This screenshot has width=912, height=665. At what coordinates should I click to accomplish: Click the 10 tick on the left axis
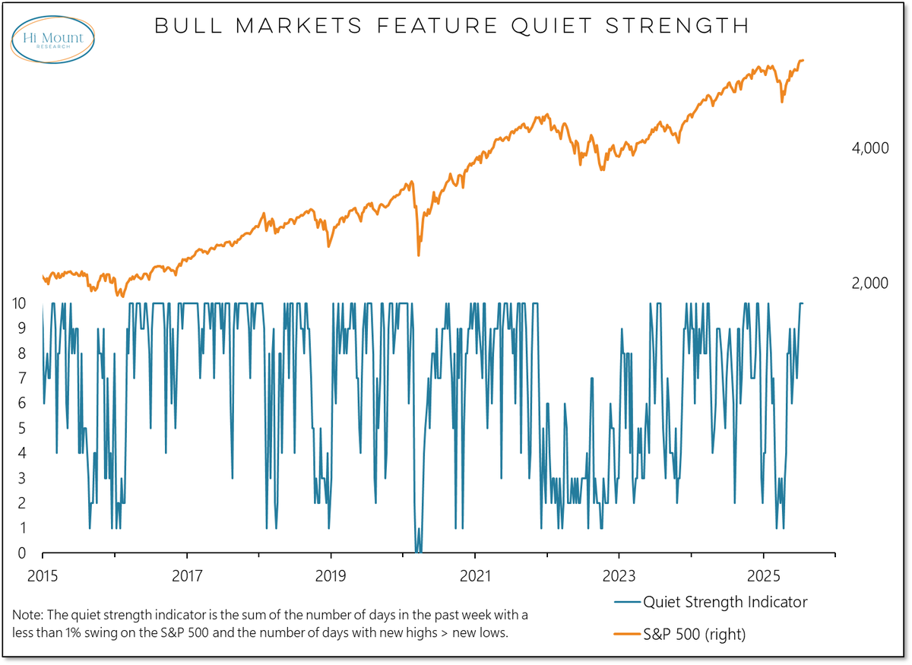[21, 303]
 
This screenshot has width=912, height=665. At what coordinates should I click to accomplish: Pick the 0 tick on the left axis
[21, 553]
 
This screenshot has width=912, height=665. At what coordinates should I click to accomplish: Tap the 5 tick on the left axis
[21, 429]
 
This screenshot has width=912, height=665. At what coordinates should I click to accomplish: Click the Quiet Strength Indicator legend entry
[724, 602]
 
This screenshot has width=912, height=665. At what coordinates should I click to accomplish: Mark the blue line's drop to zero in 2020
[418, 551]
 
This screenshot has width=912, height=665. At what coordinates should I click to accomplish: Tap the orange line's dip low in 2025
[783, 101]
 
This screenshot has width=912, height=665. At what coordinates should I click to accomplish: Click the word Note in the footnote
[27, 613]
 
